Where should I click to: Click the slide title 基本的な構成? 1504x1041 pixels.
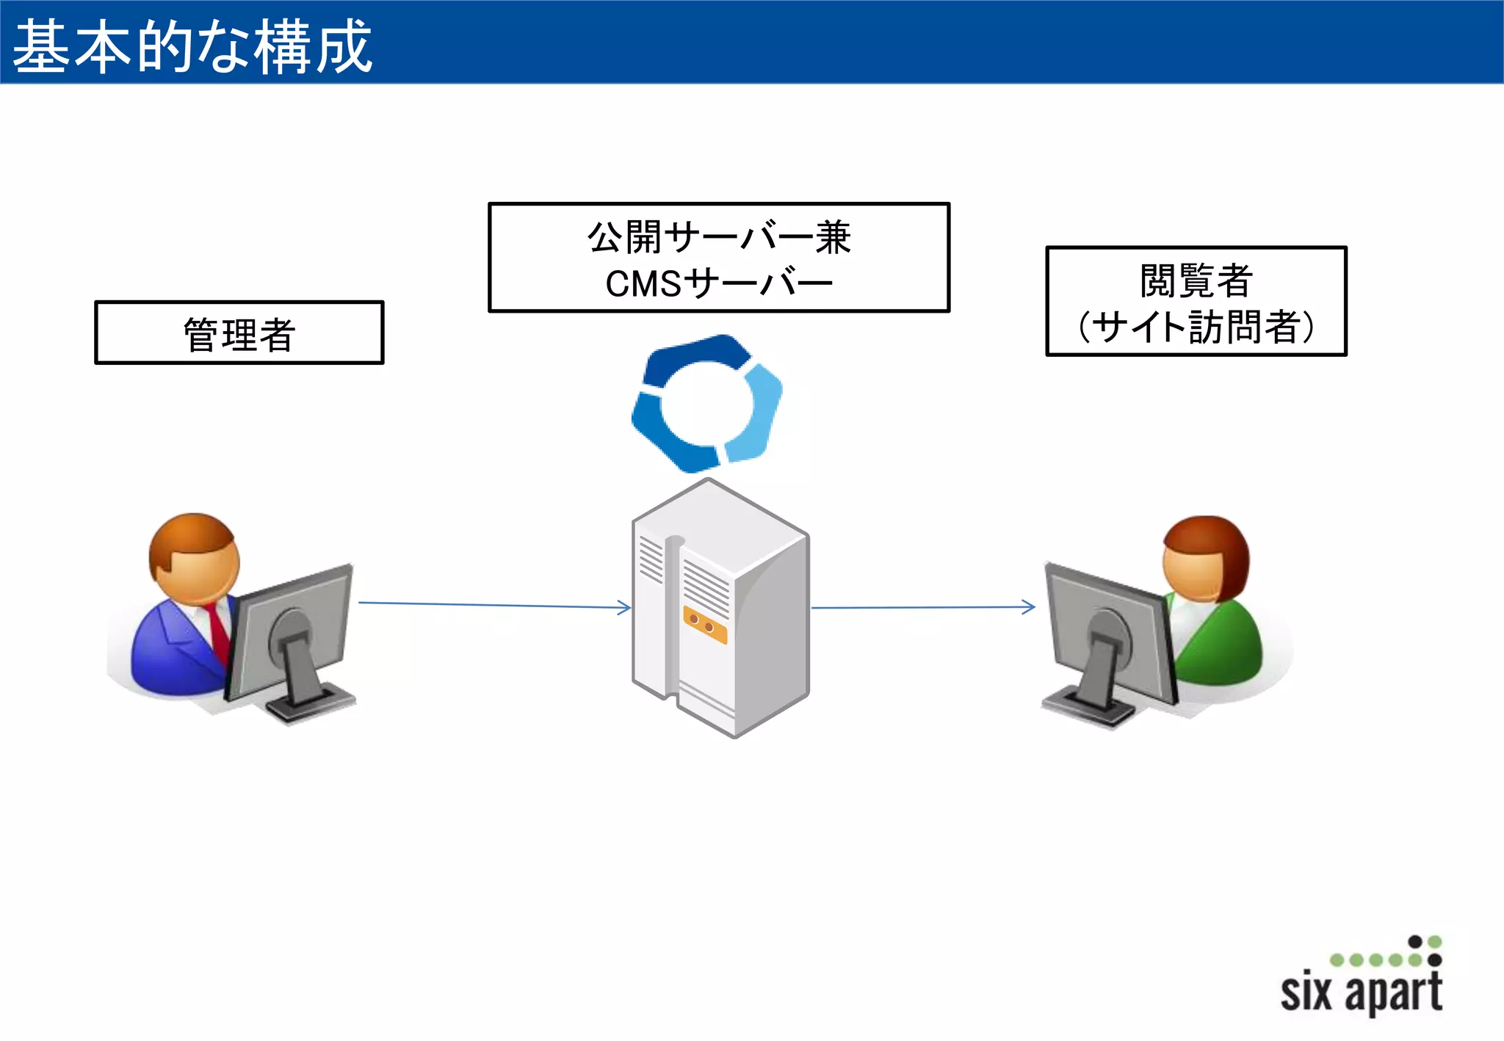tap(192, 46)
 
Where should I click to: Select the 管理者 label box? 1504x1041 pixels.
tap(239, 333)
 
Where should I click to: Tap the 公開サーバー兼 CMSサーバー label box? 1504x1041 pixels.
tap(718, 258)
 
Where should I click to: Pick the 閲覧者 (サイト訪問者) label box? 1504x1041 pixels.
tap(1196, 301)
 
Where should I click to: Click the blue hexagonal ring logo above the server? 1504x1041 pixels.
tap(706, 403)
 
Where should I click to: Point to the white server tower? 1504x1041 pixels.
tap(720, 609)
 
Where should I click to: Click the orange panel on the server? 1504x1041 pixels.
tap(704, 625)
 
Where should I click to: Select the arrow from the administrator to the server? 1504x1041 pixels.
tap(492, 605)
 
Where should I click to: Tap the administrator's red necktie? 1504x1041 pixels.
tap(218, 631)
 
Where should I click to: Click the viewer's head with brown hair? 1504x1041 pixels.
tap(1205, 558)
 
